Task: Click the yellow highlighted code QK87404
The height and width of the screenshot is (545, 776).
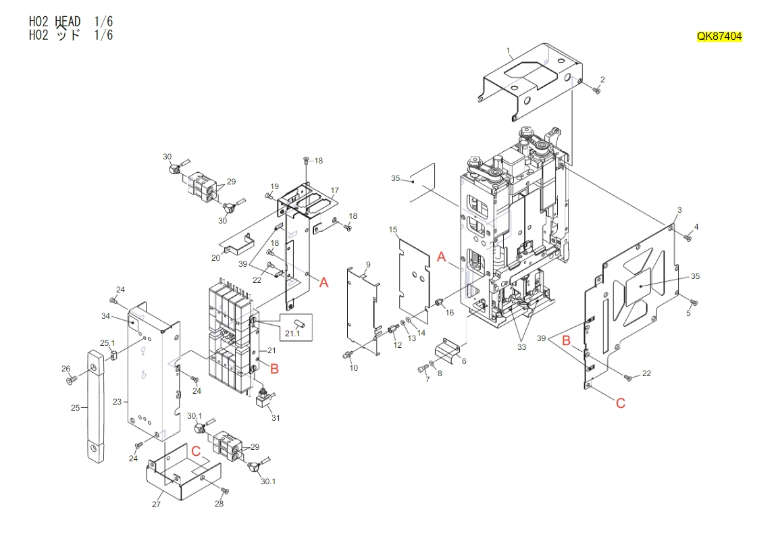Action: point(719,37)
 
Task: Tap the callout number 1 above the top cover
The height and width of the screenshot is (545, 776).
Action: point(509,51)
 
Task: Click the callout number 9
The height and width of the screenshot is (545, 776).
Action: point(368,264)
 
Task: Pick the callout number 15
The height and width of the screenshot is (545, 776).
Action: point(393,230)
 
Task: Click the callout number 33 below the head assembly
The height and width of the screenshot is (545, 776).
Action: point(521,348)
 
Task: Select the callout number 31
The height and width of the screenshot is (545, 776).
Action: point(276,418)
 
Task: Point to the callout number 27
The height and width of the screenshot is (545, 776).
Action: point(156,504)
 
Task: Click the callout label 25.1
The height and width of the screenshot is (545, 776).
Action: point(108,343)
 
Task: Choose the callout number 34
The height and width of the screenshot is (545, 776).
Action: point(105,316)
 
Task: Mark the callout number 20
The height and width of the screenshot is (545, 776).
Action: point(215,257)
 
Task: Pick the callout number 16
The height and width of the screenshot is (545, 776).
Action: point(450,313)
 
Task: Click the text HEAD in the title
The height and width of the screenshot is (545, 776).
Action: point(68,22)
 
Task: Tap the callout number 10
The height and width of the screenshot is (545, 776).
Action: point(353,368)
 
